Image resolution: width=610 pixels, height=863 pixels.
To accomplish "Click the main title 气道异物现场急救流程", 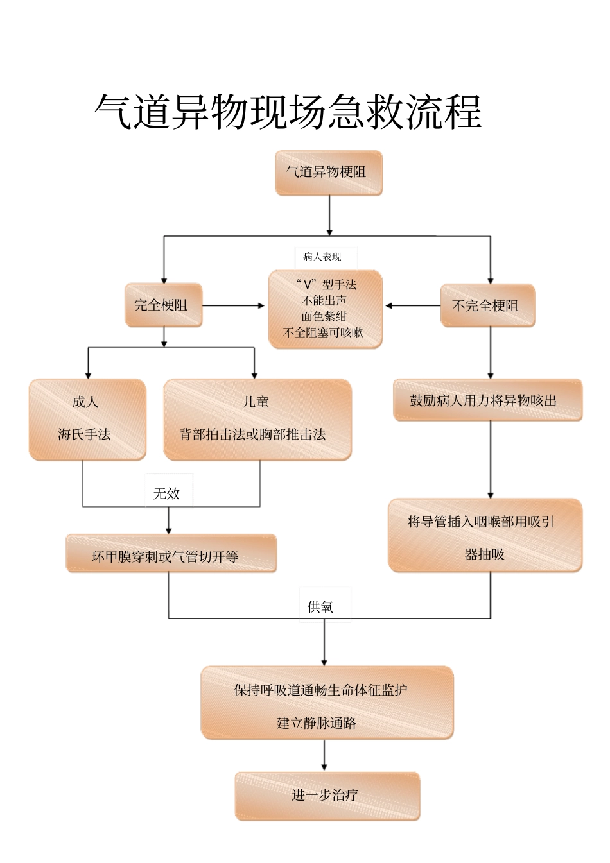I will click(288, 112).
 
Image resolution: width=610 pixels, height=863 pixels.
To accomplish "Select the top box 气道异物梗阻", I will click(328, 172).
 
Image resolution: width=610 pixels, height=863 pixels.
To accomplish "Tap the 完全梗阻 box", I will click(163, 305).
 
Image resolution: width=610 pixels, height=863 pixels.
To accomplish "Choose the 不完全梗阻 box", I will click(487, 306).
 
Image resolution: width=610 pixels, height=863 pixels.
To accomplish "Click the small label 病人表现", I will click(322, 257).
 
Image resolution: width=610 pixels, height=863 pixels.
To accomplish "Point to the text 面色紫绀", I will click(324, 316).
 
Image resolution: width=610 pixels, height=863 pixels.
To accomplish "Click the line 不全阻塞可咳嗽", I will click(324, 332).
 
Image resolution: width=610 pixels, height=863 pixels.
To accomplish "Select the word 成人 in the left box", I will click(85, 402).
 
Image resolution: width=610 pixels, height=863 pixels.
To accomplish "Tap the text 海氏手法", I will click(85, 434).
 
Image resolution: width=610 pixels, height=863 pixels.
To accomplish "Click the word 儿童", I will click(256, 402).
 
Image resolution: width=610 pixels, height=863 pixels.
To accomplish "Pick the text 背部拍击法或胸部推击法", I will click(253, 434).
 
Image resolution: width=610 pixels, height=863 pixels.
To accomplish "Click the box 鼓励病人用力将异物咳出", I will click(487, 400).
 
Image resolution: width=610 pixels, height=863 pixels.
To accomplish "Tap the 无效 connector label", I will click(167, 493).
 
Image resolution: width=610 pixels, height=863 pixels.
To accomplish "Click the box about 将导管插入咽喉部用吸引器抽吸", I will click(485, 536).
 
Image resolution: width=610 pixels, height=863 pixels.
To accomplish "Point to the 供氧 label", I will click(320, 607).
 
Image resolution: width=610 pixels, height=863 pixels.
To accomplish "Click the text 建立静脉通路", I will click(317, 723).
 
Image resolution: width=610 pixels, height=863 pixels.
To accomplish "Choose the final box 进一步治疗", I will click(327, 796).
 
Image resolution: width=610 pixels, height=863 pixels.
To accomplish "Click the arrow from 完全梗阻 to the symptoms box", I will click(234, 305).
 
